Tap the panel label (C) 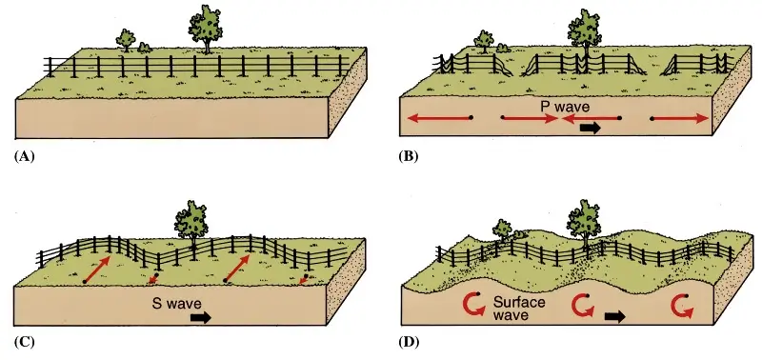(x=26, y=340)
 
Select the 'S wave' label (x=174, y=307)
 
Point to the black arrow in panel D (x=616, y=316)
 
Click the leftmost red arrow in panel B (x=439, y=118)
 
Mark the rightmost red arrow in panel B (x=680, y=118)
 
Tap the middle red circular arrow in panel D (x=583, y=305)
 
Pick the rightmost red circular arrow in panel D (x=681, y=306)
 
